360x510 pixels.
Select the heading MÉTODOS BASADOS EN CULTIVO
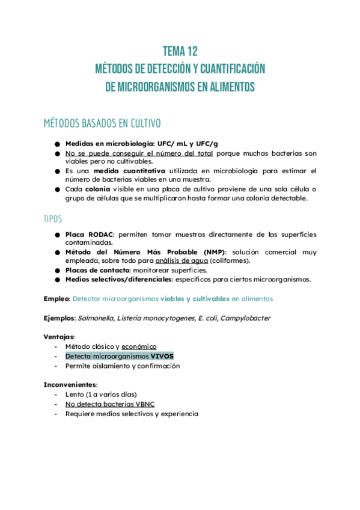click(102, 124)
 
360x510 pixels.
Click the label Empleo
click(56, 298)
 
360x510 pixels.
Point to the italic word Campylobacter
click(245, 318)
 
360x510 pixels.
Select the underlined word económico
click(139, 346)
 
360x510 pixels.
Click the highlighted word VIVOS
click(162, 356)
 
